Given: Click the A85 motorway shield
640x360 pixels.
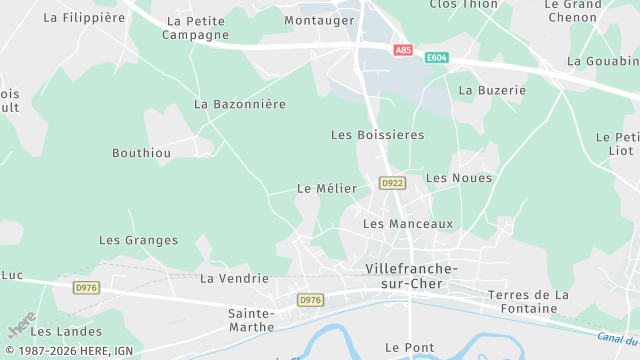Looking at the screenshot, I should [403, 50].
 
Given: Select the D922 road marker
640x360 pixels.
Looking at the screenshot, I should [392, 183].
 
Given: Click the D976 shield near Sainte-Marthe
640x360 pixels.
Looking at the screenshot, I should [311, 300].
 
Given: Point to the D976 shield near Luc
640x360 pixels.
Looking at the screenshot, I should [87, 287].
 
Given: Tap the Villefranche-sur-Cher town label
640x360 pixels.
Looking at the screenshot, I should [411, 277].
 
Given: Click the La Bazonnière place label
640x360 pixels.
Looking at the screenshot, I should [240, 104].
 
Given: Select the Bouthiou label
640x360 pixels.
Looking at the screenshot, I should [141, 153].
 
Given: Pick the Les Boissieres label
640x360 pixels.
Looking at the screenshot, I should [377, 134].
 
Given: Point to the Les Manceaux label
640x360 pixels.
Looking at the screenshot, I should [408, 224].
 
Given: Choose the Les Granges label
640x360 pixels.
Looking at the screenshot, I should [138, 240].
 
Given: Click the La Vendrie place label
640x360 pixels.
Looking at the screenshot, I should [234, 278].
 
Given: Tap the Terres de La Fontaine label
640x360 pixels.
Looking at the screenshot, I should [528, 301].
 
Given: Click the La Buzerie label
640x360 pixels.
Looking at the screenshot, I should [492, 90].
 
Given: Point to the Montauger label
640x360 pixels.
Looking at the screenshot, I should [319, 20].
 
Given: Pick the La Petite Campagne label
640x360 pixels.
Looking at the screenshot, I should [198, 28].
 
